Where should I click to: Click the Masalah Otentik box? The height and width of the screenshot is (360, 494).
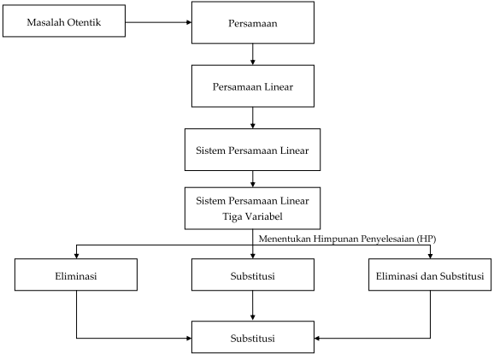[x=64, y=21]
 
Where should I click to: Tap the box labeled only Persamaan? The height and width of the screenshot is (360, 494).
[x=253, y=22]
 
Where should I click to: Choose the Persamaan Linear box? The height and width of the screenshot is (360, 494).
[x=253, y=86]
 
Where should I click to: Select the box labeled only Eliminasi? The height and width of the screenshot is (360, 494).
[x=76, y=274]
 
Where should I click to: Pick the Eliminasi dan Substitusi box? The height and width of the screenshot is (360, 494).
[x=430, y=274]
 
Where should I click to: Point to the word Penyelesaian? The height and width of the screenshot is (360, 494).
[x=387, y=239]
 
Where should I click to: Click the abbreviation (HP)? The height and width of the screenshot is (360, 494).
[x=426, y=239]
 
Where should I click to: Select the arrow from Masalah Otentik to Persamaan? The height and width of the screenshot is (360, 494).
[x=158, y=22]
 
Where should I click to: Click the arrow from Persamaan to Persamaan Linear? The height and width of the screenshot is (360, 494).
[x=253, y=54]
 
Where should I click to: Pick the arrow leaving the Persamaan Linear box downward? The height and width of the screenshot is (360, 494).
[x=253, y=118]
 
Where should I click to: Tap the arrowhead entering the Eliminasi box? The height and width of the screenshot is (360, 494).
[x=76, y=256]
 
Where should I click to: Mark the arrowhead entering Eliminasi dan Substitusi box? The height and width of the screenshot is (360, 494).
[x=430, y=256]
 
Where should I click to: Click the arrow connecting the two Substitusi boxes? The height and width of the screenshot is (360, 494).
[x=253, y=305]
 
